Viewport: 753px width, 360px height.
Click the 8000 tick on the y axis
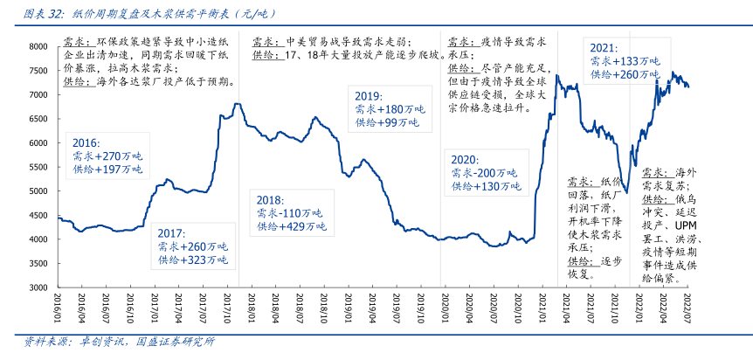pos(34,46)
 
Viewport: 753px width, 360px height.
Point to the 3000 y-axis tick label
pos(34,287)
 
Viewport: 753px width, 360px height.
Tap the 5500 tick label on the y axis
pos(34,167)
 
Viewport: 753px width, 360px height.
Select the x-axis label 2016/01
pos(58,308)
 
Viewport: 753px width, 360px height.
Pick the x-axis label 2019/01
pos(345,308)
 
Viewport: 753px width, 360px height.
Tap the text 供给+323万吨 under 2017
pos(192,260)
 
